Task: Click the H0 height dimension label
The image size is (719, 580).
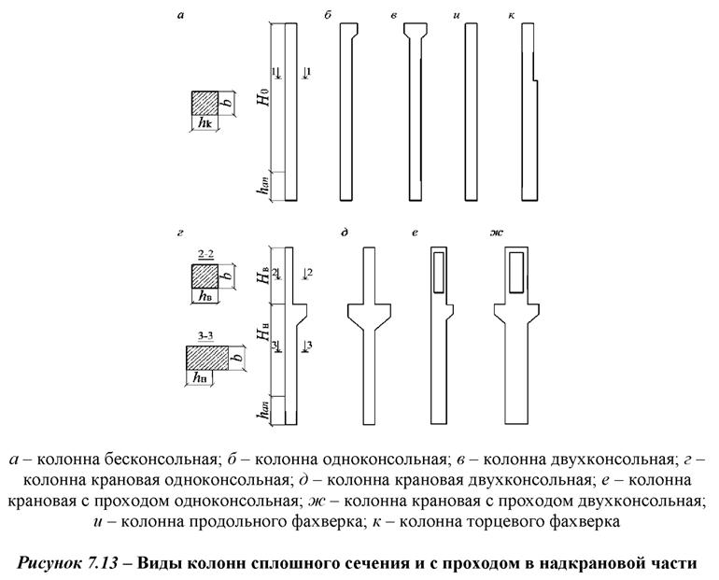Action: (x=263, y=118)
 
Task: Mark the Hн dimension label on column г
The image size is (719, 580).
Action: (x=263, y=332)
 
